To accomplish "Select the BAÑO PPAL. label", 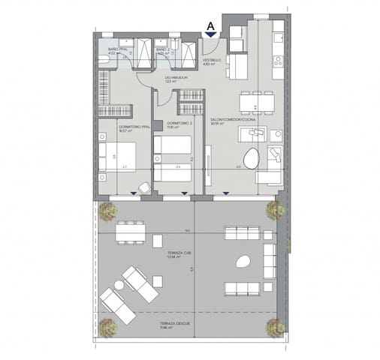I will pyautogui.click(x=118, y=49).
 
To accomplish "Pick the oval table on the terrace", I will pyautogui.click(x=243, y=262).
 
